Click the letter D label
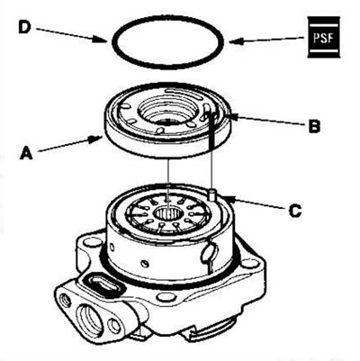tap(24, 28)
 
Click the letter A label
tap(26, 153)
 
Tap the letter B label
tap(314, 126)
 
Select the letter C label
tap(295, 211)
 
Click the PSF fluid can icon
tap(324, 37)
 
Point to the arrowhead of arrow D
tap(101, 40)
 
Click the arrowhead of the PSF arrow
tap(236, 41)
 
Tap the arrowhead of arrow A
tap(95, 140)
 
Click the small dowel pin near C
tap(212, 194)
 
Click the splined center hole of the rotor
tap(168, 214)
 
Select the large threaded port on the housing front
tap(90, 317)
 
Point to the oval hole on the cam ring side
tap(208, 252)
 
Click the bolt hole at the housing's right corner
tap(248, 264)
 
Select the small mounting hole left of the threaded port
tap(65, 299)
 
